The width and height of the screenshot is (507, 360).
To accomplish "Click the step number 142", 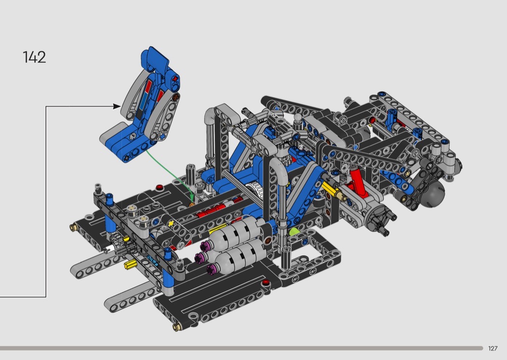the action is [x=34, y=57].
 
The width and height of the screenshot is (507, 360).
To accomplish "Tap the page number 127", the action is [x=493, y=348].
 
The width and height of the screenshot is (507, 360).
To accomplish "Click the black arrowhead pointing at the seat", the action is [x=117, y=106].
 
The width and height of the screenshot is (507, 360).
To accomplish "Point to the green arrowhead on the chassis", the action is [x=192, y=197].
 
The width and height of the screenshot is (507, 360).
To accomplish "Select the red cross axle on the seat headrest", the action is [x=175, y=79].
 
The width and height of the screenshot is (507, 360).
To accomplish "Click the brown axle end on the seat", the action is [x=176, y=97].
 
